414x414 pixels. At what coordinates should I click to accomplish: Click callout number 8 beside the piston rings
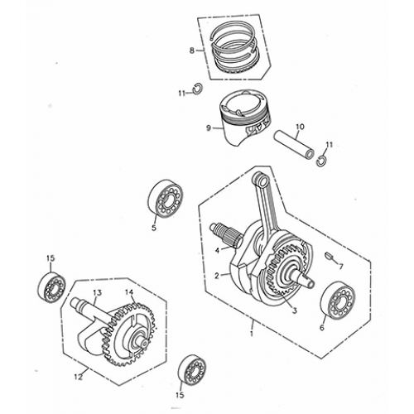point(192,51)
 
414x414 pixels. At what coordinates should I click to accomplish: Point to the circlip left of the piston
point(199,90)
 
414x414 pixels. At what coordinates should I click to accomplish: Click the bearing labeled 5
point(166,199)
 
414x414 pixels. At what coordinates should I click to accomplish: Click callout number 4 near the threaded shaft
point(217,249)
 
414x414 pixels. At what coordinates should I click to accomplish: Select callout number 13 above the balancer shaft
point(97,293)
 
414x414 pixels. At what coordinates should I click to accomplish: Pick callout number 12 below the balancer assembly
point(79,378)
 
